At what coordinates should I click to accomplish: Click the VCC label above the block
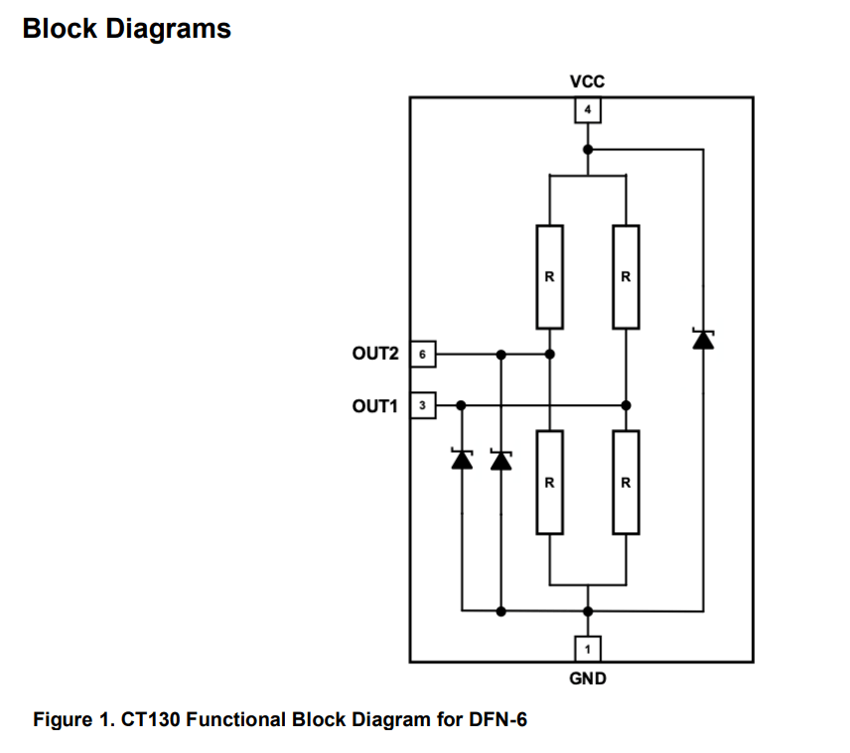click(x=588, y=82)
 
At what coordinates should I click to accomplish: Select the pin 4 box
click(x=588, y=109)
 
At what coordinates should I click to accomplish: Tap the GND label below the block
click(x=588, y=679)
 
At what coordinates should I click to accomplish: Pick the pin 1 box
click(x=588, y=650)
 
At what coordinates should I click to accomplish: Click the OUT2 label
click(x=375, y=353)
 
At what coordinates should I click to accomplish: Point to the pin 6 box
click(x=423, y=353)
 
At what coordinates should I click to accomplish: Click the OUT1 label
click(x=375, y=405)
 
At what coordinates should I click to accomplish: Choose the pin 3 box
click(x=423, y=405)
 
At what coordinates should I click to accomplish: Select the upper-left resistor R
click(x=549, y=277)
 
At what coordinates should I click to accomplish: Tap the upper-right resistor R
click(x=626, y=277)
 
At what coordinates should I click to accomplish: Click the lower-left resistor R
click(x=549, y=483)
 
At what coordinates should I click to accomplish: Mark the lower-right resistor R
click(x=626, y=483)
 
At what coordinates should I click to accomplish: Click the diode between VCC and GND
click(x=703, y=340)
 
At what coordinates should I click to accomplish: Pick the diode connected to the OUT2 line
click(x=501, y=460)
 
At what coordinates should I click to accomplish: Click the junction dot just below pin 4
click(x=588, y=149)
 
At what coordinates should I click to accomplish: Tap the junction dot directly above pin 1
click(x=588, y=610)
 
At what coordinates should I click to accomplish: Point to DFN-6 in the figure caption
click(x=496, y=719)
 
